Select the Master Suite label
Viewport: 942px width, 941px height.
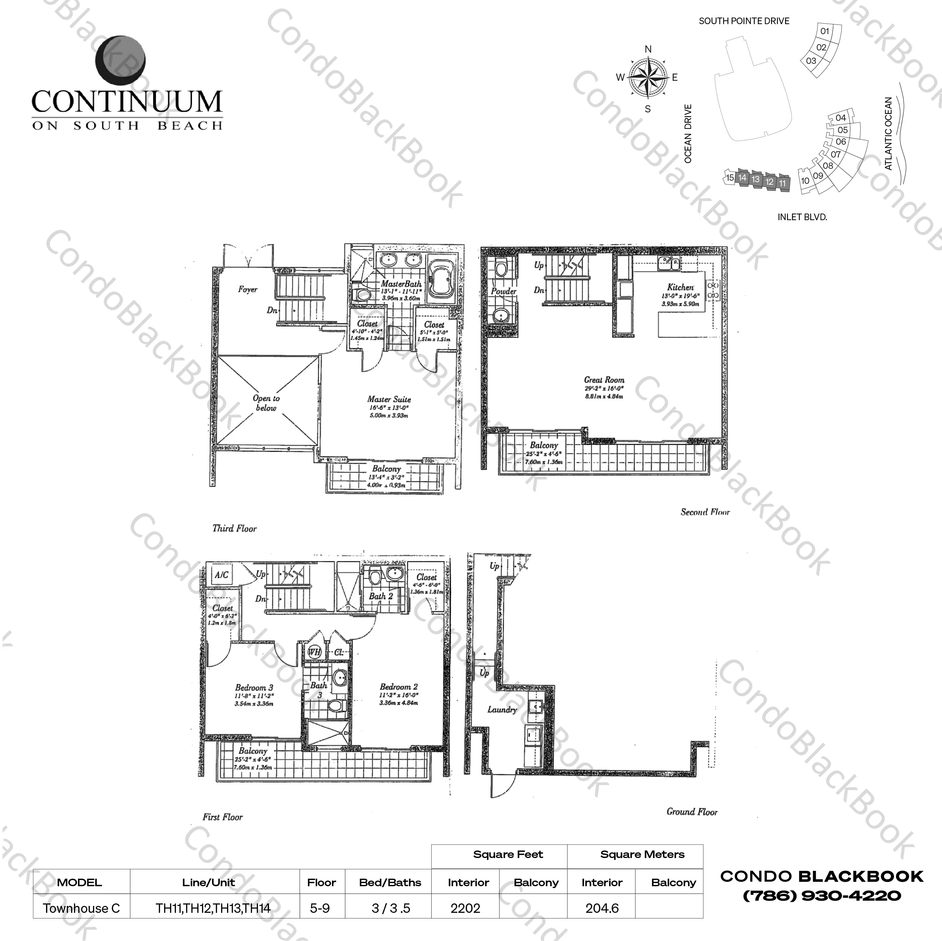(389, 399)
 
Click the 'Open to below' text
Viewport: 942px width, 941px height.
(266, 403)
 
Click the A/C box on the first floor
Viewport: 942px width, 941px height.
(222, 575)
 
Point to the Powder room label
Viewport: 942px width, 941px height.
(503, 291)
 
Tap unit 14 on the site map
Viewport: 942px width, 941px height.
(742, 178)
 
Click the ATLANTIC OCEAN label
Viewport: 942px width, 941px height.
(888, 133)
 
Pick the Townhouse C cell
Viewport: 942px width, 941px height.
(81, 908)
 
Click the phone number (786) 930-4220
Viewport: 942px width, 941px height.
(821, 896)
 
